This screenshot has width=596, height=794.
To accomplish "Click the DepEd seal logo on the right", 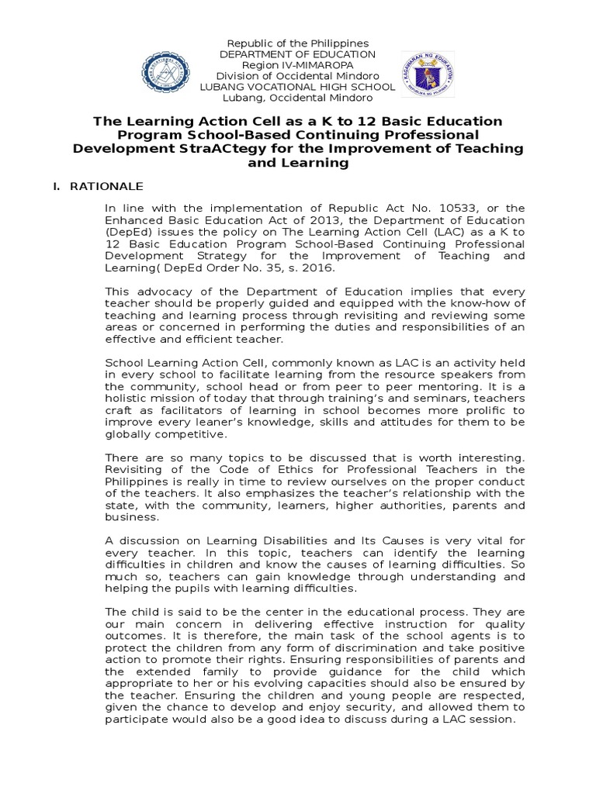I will tap(425, 73).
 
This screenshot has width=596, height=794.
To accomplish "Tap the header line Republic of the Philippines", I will tap(297, 43).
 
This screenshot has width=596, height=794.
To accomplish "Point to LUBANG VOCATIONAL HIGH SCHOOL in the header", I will tap(297, 87).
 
